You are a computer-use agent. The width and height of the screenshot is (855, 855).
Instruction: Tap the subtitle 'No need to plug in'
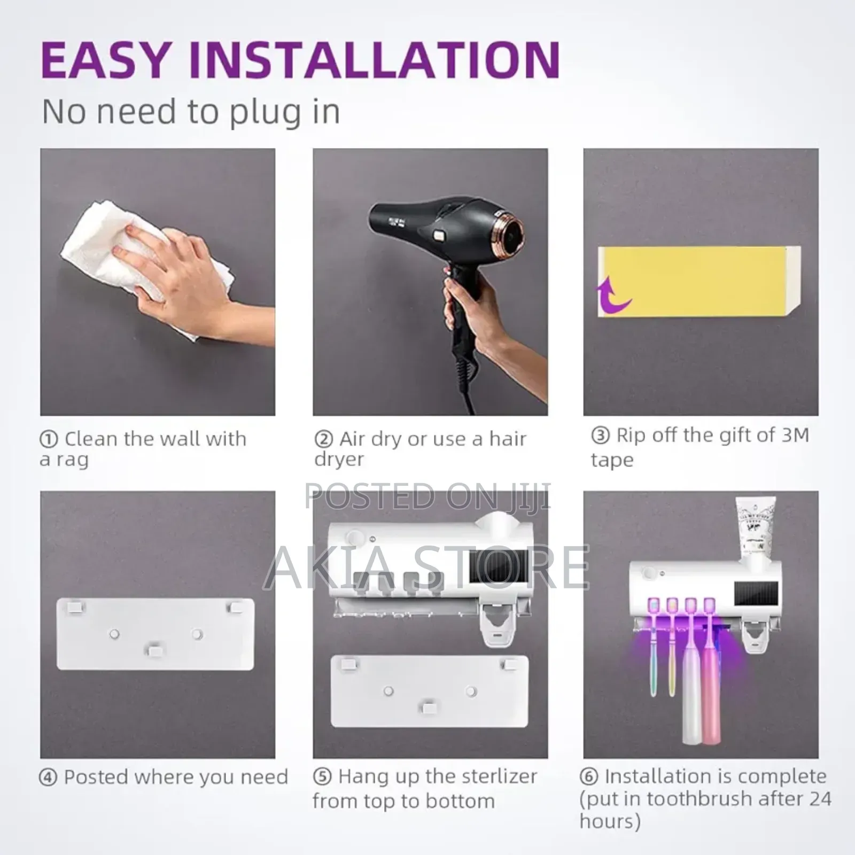coord(191,112)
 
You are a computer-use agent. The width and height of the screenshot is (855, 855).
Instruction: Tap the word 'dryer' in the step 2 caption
coord(339,460)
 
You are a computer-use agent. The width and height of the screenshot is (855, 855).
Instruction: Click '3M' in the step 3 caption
coord(795,436)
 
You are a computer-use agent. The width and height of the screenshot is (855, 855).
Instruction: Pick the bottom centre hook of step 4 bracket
coord(156,650)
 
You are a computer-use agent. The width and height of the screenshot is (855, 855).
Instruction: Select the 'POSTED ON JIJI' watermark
coord(426,496)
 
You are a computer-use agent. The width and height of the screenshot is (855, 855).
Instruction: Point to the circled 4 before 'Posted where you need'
coord(49,778)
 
